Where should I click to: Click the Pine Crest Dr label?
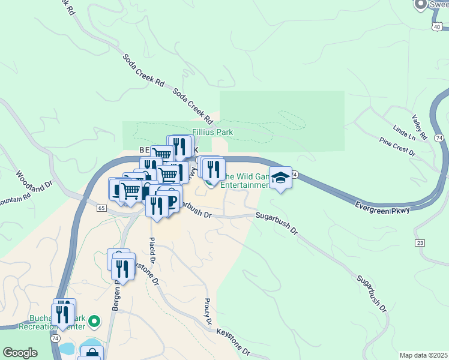pos(397,146)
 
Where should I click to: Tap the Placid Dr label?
pos(152,251)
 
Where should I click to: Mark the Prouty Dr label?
pos(208,311)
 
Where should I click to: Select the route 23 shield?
pos(420,242)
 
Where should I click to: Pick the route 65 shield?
pos(101,208)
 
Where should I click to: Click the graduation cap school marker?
pos(280,178)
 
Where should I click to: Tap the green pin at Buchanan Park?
pos(94,322)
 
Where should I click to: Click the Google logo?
pos(20,353)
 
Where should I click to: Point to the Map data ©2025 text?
pos(423,355)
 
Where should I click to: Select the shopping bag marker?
pos(91,353)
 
